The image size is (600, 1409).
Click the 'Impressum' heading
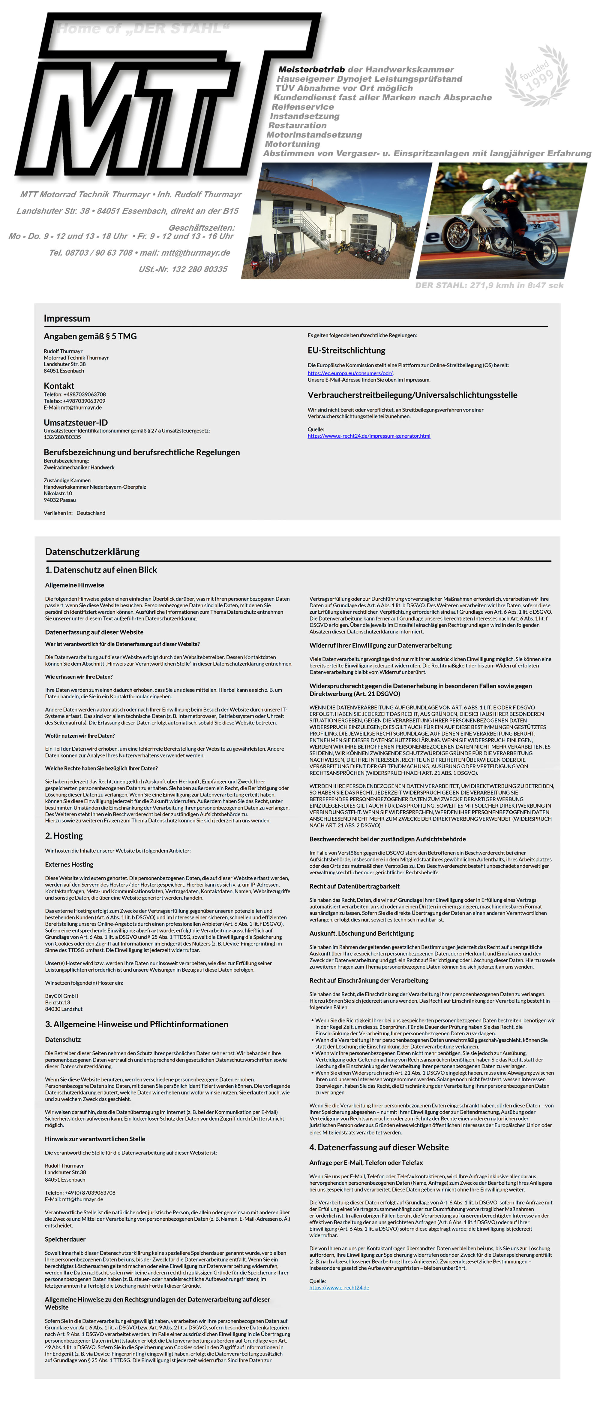pyautogui.click(x=67, y=318)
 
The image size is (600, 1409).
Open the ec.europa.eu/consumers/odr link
pyautogui.click(x=350, y=373)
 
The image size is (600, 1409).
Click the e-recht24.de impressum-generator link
pyautogui.click(x=369, y=436)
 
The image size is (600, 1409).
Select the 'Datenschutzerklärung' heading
pyautogui.click(x=92, y=552)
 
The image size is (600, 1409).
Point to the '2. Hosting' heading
pyautogui.click(x=64, y=836)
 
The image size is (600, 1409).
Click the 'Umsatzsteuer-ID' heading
pyautogui.click(x=75, y=422)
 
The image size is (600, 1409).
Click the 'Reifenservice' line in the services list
pyautogui.click(x=303, y=107)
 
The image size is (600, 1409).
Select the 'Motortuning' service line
pyautogui.click(x=292, y=144)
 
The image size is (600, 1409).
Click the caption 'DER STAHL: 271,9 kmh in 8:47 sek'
pyautogui.click(x=489, y=285)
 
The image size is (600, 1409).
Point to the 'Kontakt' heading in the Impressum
pyautogui.click(x=59, y=386)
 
